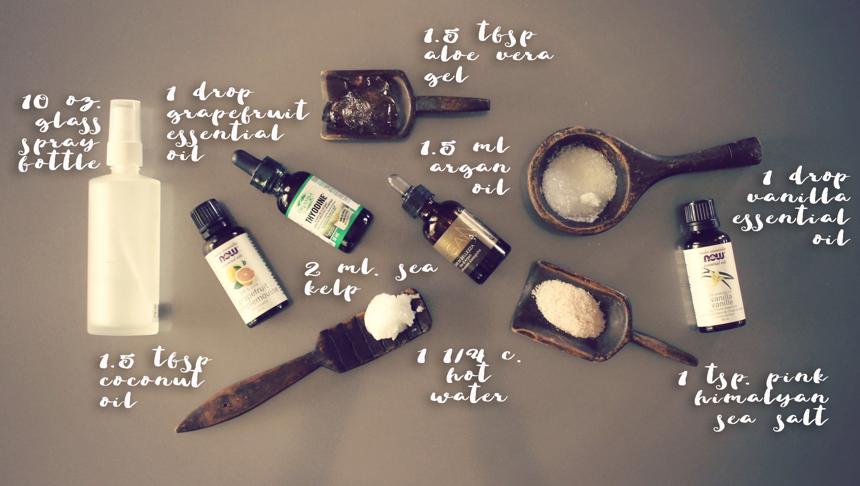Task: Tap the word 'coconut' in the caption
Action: (152, 381)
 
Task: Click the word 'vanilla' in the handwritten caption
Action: (799, 197)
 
